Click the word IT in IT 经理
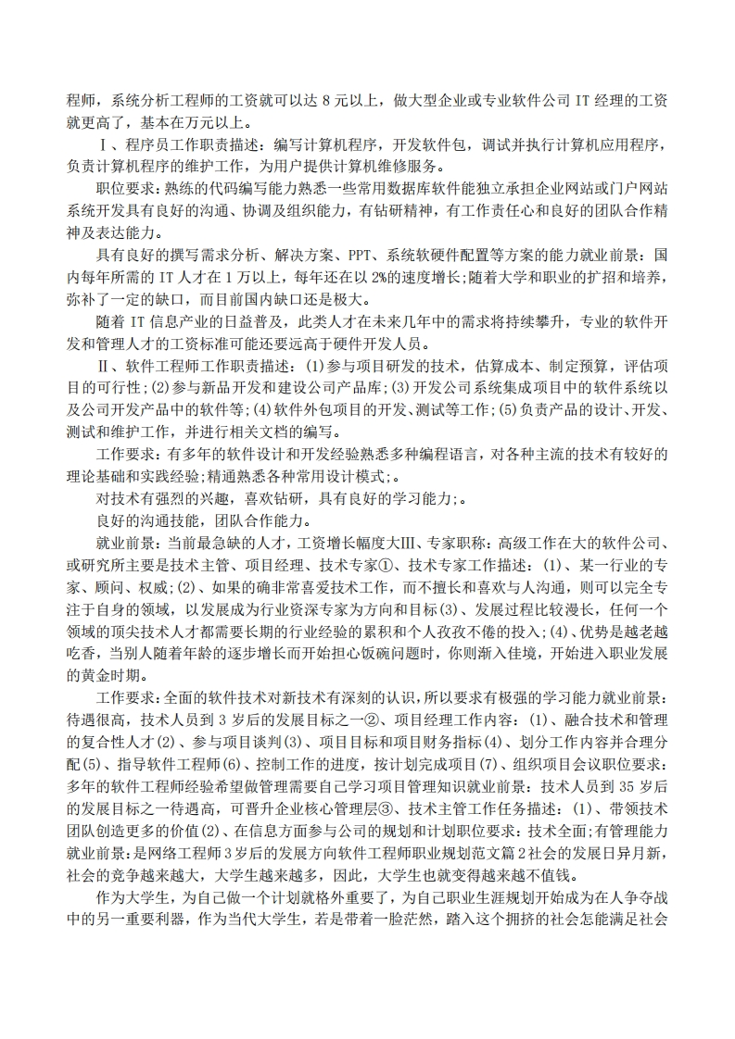tap(585, 100)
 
